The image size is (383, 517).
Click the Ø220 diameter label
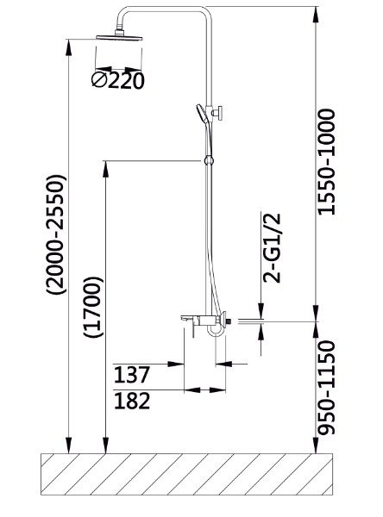[x=118, y=80]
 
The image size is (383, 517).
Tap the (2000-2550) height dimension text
[x=56, y=234]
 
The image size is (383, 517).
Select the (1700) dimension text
[x=93, y=308]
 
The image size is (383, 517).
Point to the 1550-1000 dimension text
[x=326, y=162]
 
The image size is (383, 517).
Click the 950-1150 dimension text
[x=326, y=388]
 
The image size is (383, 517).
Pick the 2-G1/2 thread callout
[x=272, y=248]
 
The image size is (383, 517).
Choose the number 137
[x=132, y=375]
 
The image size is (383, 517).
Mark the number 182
[x=132, y=401]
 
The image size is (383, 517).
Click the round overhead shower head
[x=119, y=36]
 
